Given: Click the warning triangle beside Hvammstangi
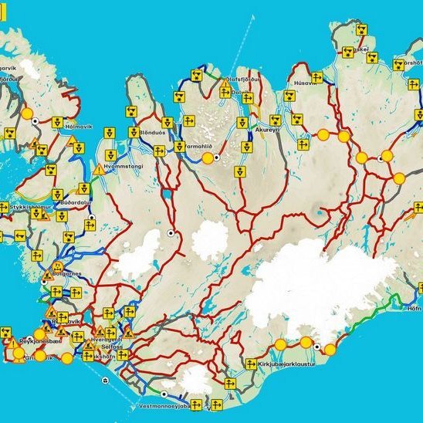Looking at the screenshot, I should (x=99, y=169).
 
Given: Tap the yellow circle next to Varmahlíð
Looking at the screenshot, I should (x=207, y=157).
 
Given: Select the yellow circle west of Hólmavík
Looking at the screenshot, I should (x=26, y=113).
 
